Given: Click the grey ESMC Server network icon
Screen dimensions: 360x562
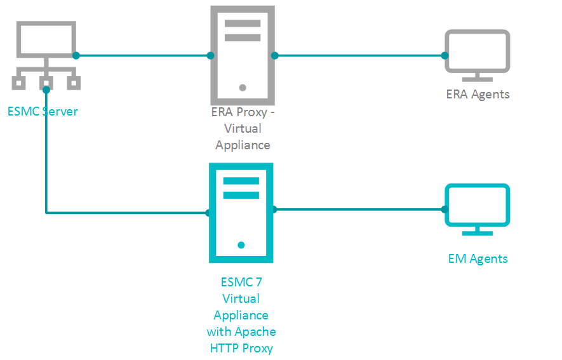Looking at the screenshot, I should click(x=46, y=54).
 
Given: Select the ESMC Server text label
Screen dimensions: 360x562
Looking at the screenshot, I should click(x=43, y=112).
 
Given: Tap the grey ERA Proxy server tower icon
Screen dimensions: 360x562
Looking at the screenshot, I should click(x=243, y=55).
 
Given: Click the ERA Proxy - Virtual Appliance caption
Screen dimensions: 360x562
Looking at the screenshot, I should click(x=243, y=129).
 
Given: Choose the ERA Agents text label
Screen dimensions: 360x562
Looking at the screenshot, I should click(x=478, y=95).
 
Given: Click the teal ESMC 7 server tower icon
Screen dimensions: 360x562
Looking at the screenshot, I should click(x=241, y=213).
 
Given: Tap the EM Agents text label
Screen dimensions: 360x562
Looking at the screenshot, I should click(x=478, y=258).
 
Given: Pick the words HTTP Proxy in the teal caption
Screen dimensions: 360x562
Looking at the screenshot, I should click(x=241, y=348).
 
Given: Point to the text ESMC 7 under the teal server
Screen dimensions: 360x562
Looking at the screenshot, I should click(x=241, y=282).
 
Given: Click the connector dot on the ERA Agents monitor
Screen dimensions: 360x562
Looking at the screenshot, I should click(x=445, y=55).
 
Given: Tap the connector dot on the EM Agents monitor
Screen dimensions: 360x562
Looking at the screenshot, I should click(x=445, y=209).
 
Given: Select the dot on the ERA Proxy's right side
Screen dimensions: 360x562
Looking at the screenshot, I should click(x=275, y=55).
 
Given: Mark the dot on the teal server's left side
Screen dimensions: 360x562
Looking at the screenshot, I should click(x=208, y=213).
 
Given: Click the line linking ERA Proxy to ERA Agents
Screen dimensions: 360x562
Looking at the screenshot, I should click(x=359, y=55).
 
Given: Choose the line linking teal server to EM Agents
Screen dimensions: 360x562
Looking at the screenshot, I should click(x=359, y=209).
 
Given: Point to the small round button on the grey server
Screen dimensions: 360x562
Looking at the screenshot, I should click(x=243, y=88).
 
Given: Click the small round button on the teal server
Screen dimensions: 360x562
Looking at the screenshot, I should click(x=241, y=244).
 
